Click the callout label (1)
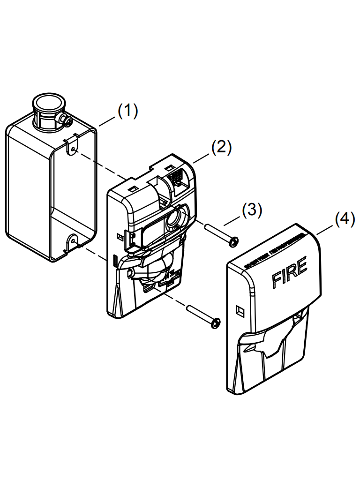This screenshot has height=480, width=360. coord(127,111)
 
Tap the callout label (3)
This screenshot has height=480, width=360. coord(252,210)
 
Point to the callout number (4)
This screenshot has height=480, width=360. coord(345,219)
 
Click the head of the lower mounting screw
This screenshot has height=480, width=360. coord(215,323)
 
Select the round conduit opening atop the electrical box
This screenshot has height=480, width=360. coord(47,103)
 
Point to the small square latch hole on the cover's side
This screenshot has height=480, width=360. coord(240,310)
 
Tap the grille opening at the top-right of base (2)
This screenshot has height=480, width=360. coord(177,179)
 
